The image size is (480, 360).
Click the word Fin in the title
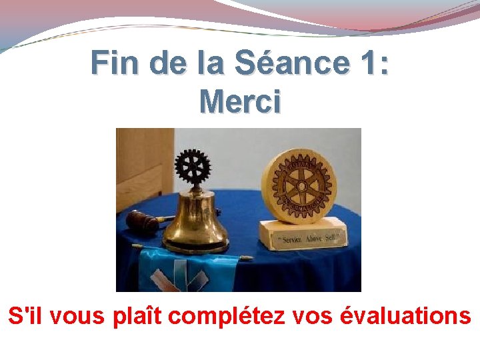117,63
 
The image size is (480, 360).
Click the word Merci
240,101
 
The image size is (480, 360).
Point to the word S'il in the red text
26,315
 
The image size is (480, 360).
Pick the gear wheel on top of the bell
193,165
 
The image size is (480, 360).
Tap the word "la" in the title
212,63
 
